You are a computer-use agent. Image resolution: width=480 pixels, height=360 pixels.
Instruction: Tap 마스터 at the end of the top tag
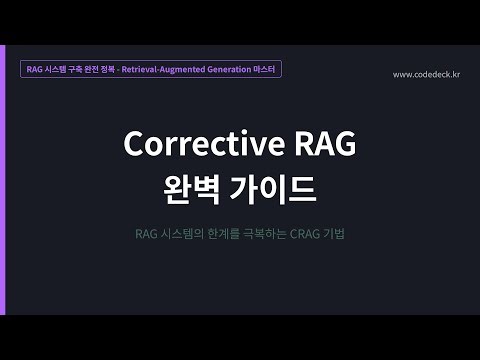(x=266, y=69)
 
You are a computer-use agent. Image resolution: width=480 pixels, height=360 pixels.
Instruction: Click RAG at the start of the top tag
(x=35, y=69)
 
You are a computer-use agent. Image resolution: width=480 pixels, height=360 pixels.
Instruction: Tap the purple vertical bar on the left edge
(x=2, y=180)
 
